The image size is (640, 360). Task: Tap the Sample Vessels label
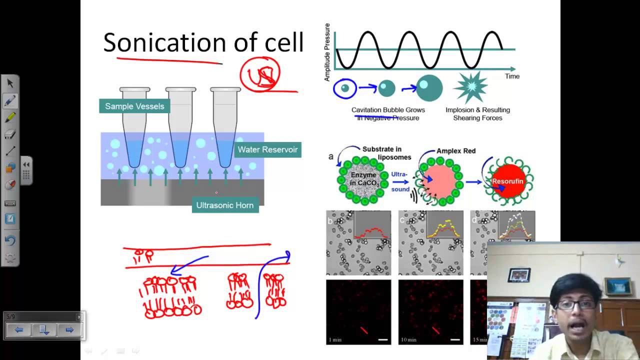point(134,106)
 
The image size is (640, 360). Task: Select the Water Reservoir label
point(267,149)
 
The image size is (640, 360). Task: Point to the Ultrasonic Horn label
point(225,205)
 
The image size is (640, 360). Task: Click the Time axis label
point(512,76)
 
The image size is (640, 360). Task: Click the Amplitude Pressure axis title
point(327,52)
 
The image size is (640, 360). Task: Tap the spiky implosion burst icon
point(470,87)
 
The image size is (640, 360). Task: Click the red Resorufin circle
point(507,181)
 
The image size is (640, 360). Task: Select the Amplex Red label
point(456,151)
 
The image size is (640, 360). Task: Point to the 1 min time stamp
point(335,340)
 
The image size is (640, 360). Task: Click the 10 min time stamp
point(408,340)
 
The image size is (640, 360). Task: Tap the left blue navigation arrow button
point(19,330)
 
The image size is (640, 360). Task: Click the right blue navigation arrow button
point(69,330)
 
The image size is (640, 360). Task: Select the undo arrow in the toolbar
point(9,240)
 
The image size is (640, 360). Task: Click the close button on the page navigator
point(79,317)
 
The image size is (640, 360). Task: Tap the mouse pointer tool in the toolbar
point(10,83)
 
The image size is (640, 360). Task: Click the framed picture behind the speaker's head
point(519,274)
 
